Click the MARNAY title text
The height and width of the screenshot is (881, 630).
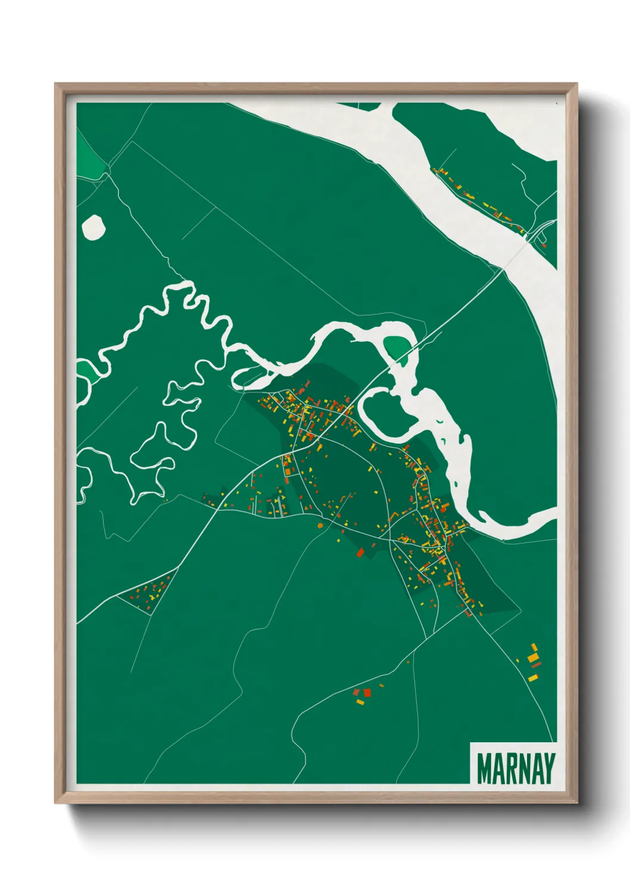tap(516, 768)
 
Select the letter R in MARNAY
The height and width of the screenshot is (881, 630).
tap(510, 768)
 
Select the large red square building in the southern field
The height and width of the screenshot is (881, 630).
tap(367, 692)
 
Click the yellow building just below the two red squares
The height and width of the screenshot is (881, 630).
tap(360, 702)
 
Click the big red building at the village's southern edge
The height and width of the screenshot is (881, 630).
tap(359, 552)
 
